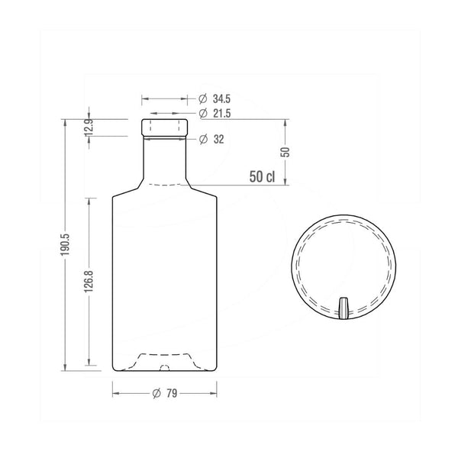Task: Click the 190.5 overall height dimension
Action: click(x=65, y=244)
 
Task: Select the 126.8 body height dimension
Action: click(x=89, y=282)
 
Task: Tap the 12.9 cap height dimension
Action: click(x=89, y=127)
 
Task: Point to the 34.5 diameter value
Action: click(x=221, y=99)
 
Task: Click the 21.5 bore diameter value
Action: click(x=221, y=113)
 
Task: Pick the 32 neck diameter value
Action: click(x=218, y=140)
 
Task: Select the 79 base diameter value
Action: click(x=172, y=393)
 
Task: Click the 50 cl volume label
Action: click(x=262, y=177)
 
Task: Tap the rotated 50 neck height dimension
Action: click(x=285, y=152)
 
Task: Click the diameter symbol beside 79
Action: click(x=156, y=393)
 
